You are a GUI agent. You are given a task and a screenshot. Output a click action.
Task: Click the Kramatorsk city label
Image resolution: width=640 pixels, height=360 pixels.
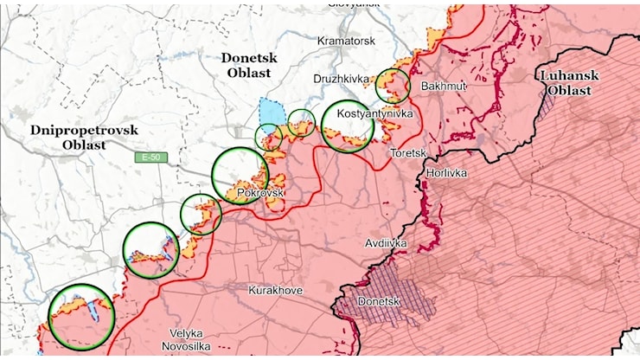[345, 41]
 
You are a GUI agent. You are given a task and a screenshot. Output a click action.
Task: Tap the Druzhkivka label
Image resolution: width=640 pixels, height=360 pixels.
[341, 79]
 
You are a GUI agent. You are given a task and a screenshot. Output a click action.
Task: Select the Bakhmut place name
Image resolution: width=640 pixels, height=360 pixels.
[444, 87]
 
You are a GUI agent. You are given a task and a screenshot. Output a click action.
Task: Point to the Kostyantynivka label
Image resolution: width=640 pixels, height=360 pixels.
[374, 113]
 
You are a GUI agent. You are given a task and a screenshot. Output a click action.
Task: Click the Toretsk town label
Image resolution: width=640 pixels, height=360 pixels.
[408, 152]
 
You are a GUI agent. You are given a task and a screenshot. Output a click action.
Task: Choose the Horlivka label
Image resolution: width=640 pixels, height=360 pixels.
[446, 173]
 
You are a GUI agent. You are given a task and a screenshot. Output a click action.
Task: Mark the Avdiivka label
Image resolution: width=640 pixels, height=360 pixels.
[386, 243]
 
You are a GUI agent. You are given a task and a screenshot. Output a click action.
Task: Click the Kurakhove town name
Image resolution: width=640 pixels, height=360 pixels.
[275, 290]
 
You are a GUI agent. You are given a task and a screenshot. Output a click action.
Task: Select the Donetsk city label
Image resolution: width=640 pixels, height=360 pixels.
[379, 301]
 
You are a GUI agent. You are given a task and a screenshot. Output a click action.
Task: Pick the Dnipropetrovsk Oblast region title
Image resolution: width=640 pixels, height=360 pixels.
[84, 137]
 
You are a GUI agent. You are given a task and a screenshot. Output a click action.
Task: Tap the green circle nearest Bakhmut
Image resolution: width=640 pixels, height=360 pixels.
[393, 86]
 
